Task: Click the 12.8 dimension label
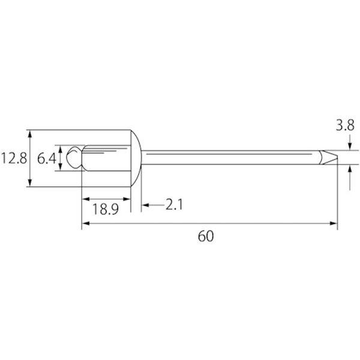coord(14,158)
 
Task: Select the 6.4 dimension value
coord(47,158)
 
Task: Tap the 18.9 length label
coord(106,209)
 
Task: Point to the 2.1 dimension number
coord(174,205)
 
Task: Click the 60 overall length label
coord(206,236)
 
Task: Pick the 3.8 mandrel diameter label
coord(345,125)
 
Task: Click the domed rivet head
coord(136,158)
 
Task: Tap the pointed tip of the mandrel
coord(337,157)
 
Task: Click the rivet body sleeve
coord(106,158)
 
